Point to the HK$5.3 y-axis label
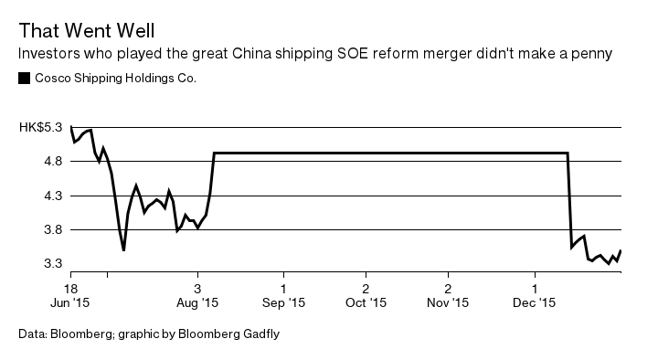tap(41, 128)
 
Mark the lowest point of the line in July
tap(123, 249)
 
